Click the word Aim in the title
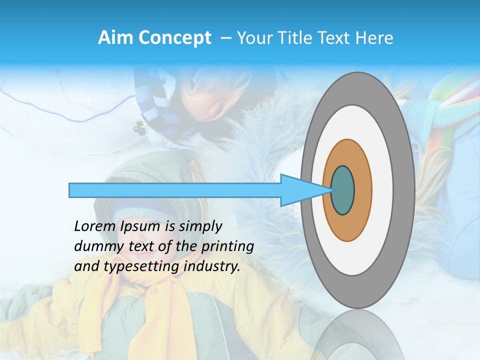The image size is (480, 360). point(116,37)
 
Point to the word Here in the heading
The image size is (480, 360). point(374,37)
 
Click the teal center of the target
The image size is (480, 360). point(342,190)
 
